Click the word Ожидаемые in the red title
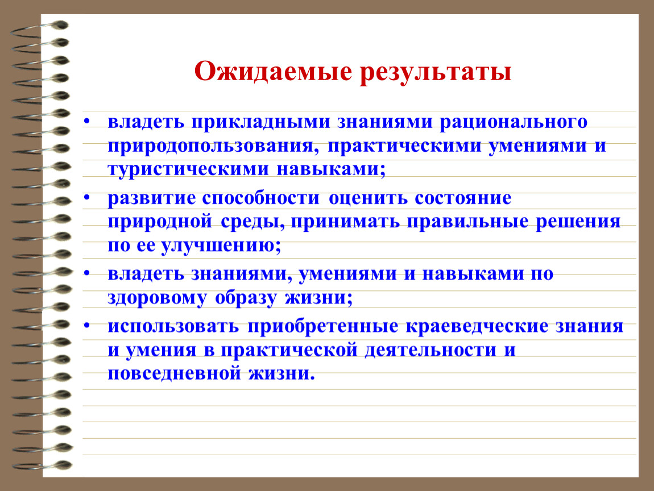(x=273, y=72)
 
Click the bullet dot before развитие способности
(x=87, y=197)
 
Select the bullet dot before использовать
(x=87, y=324)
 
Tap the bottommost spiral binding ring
(x=42, y=465)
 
